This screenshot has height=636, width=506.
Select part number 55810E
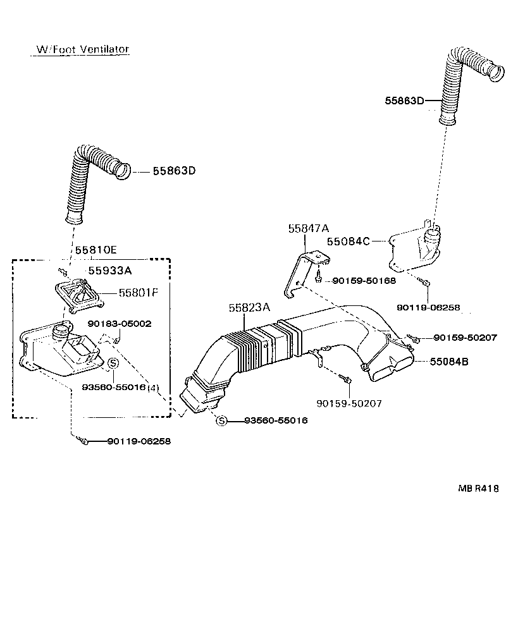coord(96,250)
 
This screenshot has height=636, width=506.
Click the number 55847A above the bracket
coord(309,229)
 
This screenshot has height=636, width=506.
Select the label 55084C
coord(348,241)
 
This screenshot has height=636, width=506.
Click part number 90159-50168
coord(364,279)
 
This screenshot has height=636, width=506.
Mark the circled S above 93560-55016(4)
coord(112,363)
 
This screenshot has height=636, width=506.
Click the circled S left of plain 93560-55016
coord(221,420)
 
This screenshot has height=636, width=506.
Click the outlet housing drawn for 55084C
coord(414,249)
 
